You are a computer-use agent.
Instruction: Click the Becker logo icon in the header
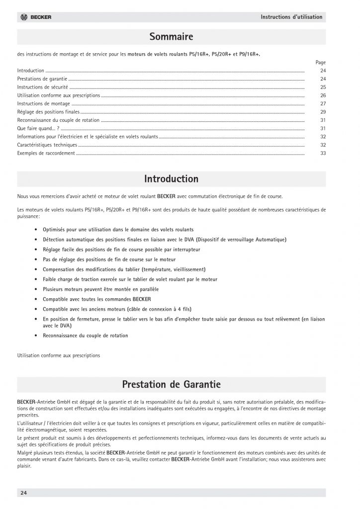(24, 17)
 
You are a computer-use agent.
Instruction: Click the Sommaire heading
(171, 37)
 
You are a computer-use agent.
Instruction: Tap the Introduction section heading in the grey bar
(171, 179)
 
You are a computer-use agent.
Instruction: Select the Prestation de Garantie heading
(171, 384)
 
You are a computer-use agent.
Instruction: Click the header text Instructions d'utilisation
(291, 17)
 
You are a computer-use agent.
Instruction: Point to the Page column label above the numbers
(321, 63)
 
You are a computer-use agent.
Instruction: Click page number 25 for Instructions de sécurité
(323, 87)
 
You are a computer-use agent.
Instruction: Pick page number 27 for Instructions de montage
(323, 103)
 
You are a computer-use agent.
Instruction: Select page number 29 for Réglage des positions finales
(323, 112)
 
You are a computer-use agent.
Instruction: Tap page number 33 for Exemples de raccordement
(323, 153)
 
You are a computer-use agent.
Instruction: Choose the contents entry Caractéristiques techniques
(47, 145)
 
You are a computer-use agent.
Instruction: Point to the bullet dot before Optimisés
(38, 231)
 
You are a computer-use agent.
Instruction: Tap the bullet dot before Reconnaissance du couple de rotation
(38, 336)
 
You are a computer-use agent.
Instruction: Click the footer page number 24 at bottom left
(23, 493)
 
